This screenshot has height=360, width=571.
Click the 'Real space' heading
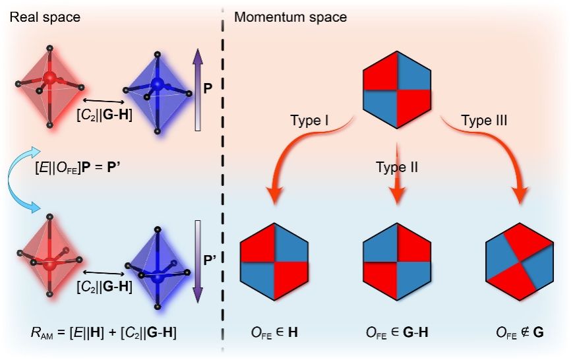(x=45, y=17)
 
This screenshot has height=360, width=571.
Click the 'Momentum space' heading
(x=291, y=17)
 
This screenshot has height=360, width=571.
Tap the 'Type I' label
(x=309, y=120)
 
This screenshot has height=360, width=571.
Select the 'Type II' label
(x=397, y=167)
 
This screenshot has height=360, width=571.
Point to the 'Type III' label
(x=485, y=120)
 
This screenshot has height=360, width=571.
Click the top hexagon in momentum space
(x=397, y=90)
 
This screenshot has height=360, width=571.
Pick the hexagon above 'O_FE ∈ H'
(x=274, y=261)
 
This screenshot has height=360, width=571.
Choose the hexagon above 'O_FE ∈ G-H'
(x=397, y=261)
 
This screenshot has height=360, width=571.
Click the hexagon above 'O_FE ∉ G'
(x=520, y=261)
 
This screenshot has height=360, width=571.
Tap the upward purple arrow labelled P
(x=198, y=90)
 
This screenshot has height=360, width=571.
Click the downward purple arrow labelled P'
(x=198, y=261)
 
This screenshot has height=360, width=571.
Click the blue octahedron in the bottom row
(x=158, y=270)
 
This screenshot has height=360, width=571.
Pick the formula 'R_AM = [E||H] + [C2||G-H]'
(x=104, y=333)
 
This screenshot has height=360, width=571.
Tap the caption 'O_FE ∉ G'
(x=520, y=332)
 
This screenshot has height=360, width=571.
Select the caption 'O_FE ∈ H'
(x=274, y=332)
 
